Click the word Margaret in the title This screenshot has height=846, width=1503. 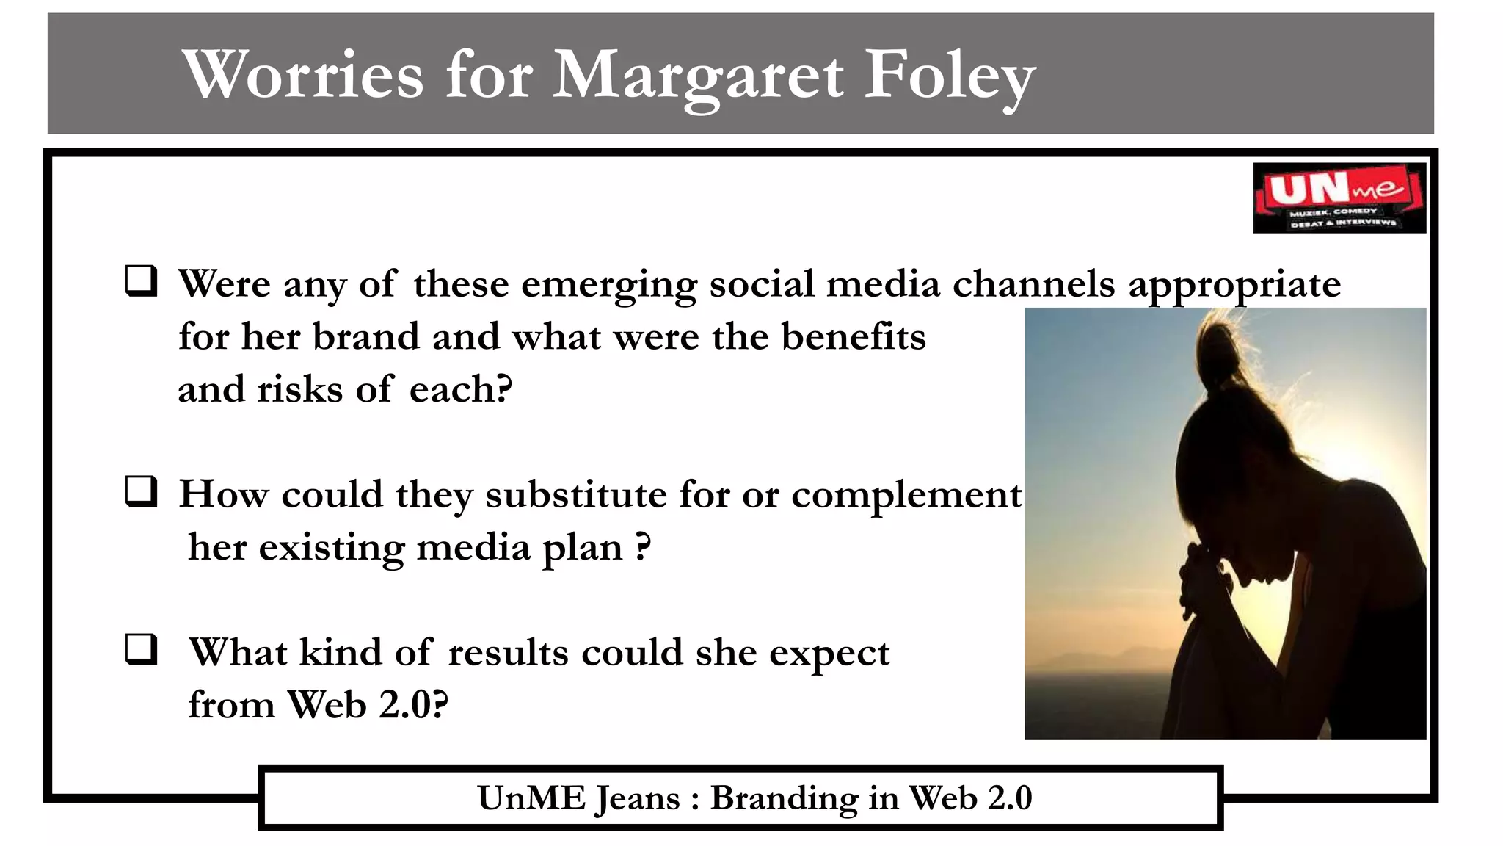(697, 76)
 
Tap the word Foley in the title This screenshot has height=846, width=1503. (950, 76)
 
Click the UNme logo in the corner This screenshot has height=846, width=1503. (1339, 198)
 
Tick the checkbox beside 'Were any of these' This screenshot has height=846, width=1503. (141, 281)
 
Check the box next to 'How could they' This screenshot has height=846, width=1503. (141, 491)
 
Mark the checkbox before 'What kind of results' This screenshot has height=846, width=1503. (141, 649)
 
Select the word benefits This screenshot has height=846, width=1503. (853, 337)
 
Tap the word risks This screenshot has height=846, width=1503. (299, 389)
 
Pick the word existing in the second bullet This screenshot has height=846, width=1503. (331, 548)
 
